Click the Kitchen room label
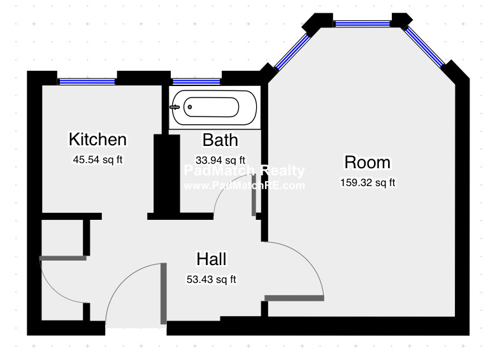97,139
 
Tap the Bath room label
220,140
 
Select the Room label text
367,162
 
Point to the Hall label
212,259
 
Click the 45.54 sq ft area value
97,160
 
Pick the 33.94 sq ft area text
220,160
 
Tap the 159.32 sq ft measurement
368,182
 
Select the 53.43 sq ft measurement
212,280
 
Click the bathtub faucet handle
175,107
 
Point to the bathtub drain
190,107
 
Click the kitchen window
87,82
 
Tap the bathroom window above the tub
196,82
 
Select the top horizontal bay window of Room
362,24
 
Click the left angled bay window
292,52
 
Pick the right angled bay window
424,47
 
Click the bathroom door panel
254,195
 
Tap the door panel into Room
294,298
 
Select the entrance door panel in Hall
163,294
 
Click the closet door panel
63,258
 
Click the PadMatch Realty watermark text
244,171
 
